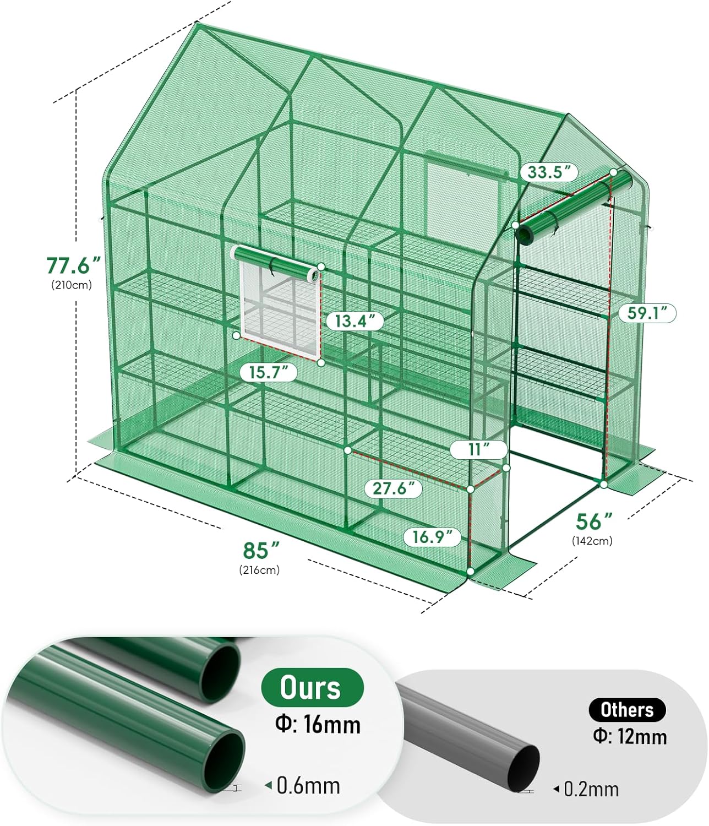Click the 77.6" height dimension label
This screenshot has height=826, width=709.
click(74, 265)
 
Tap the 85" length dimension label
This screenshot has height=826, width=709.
click(261, 550)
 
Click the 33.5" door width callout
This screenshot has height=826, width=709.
click(549, 172)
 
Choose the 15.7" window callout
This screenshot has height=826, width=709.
click(269, 373)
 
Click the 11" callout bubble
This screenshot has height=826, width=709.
click(478, 449)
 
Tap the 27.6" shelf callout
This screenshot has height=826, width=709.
click(393, 488)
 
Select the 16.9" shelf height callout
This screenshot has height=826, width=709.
click(432, 536)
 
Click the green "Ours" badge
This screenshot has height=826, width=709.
click(312, 687)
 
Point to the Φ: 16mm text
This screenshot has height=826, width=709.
click(318, 724)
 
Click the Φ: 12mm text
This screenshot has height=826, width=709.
click(630, 736)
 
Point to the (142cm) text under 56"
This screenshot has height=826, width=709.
click(592, 541)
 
